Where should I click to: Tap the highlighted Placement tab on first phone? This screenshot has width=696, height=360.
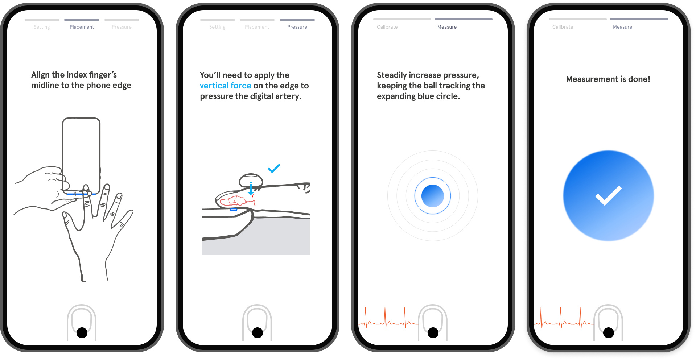point(82,27)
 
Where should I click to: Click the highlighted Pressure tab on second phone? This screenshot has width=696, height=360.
point(297,27)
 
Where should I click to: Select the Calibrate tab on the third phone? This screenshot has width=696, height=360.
point(387,27)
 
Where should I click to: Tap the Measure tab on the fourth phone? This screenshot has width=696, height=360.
point(622,27)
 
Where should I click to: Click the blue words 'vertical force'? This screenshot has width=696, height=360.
point(225,86)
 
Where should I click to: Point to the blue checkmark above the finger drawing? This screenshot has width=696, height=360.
point(274,168)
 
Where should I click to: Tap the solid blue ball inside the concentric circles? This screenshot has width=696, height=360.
point(432,196)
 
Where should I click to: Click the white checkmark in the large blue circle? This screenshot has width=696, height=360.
point(608,195)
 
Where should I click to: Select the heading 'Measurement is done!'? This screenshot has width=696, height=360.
point(608,79)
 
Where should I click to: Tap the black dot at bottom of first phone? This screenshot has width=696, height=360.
point(82,332)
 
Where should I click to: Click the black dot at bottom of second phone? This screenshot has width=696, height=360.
point(258,332)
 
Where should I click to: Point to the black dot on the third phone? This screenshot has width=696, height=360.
point(433,332)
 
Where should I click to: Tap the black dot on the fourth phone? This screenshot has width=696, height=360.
point(609,332)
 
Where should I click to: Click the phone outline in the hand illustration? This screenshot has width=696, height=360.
point(81,152)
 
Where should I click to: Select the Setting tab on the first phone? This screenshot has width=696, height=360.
point(42,27)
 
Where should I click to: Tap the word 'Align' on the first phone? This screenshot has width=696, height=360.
point(40,75)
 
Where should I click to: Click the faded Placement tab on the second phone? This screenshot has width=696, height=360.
point(257,27)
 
